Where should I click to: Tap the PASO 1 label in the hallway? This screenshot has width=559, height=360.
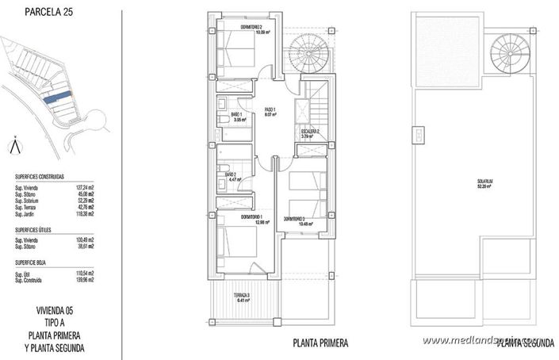click(270, 109)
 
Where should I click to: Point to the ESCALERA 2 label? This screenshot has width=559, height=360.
click(309, 132)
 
